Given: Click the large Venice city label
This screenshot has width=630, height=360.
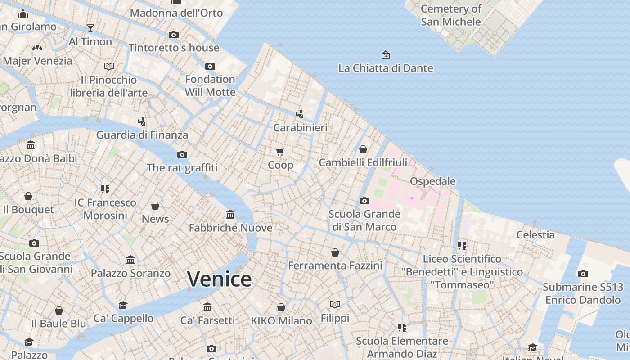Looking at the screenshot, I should click(219, 279).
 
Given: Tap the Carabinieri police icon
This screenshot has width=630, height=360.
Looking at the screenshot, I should click(300, 114).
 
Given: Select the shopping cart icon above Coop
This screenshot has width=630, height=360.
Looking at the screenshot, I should click(280, 152).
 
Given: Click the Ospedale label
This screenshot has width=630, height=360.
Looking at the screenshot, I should click(432, 181).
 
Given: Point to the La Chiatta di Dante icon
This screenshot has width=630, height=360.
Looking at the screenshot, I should click(386, 55).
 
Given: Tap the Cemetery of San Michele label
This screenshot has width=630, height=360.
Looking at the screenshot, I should click(451, 15).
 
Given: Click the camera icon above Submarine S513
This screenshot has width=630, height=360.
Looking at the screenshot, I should click(583, 274).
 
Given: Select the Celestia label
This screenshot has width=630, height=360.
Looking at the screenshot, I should click(535, 234).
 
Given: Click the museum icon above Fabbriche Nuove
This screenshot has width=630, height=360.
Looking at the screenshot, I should click(230, 214).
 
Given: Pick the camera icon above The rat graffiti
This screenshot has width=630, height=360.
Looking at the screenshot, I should click(182, 154).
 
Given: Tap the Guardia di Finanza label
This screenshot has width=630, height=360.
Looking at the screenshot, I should click(142, 135).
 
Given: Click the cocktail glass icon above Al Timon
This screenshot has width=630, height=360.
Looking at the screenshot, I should click(90, 28).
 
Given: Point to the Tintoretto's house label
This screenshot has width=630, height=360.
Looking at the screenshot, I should click(174, 48).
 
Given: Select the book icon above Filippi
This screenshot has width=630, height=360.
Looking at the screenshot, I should click(335, 305).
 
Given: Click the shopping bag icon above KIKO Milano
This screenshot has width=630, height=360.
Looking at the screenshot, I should click(281, 307).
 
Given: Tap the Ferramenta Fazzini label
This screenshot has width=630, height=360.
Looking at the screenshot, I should click(335, 265).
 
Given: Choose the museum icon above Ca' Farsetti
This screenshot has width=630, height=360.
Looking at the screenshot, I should click(207, 307).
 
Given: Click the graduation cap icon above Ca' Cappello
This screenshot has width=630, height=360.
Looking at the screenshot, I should click(123, 305).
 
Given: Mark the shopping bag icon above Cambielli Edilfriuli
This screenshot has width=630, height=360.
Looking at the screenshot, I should click(363, 149).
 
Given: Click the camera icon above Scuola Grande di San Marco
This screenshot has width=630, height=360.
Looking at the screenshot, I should click(364, 201).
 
